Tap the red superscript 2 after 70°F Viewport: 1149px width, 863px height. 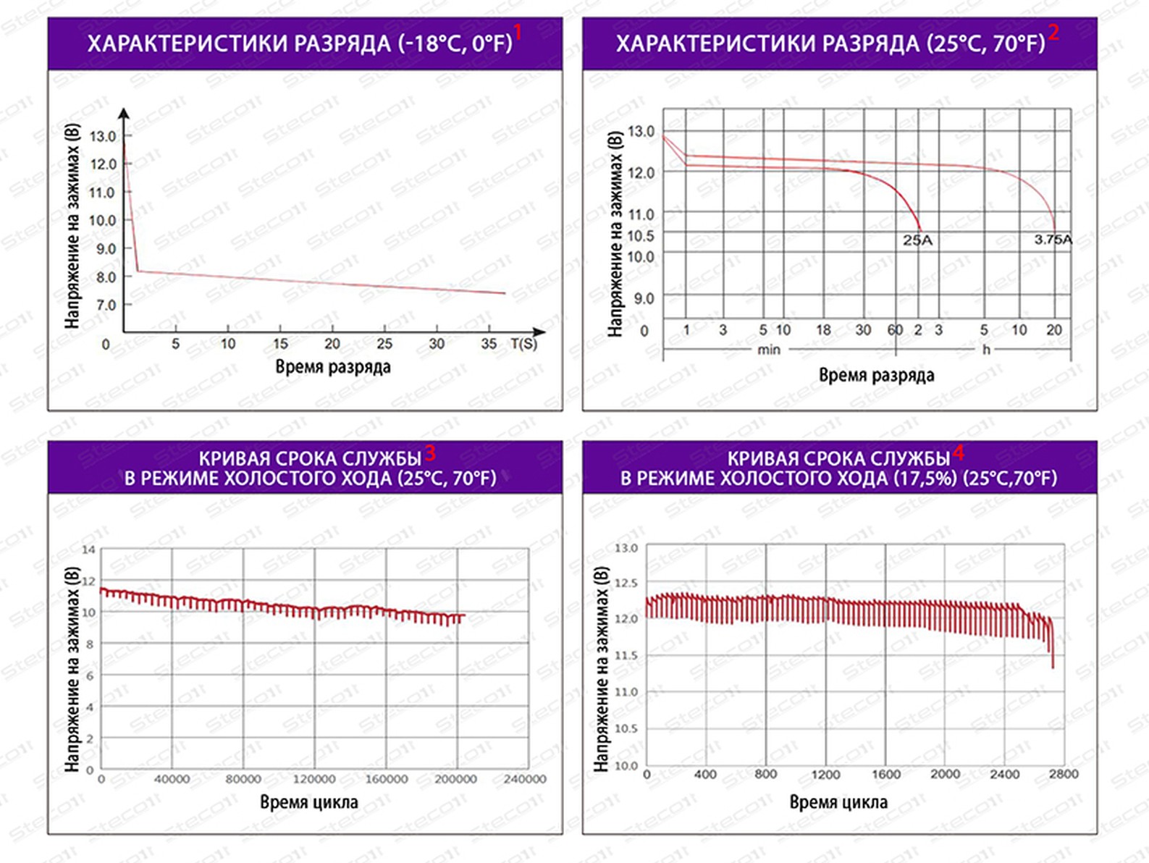pos(1053,32)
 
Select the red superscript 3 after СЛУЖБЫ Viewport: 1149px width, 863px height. pos(430,453)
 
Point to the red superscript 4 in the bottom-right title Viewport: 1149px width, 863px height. pos(959,453)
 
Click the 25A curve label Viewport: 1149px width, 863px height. pos(917,240)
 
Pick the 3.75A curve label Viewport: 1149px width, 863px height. pos(1053,240)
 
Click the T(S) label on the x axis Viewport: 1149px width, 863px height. pos(523,343)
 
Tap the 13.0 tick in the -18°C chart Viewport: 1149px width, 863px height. pos(103,136)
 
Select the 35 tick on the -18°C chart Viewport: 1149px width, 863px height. pos(489,343)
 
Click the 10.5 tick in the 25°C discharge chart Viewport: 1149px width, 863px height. pos(641,236)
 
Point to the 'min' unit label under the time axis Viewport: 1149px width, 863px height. pos(768,350)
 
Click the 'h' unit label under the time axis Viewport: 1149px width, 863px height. pos(985,350)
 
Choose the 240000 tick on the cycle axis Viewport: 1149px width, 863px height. pos(525,779)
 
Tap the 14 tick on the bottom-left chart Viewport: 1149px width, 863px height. pos(88,550)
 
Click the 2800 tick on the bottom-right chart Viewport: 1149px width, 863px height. pos(1064,774)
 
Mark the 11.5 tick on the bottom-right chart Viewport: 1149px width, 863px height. pos(626,655)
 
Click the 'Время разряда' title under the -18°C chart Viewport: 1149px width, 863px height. pos(332,366)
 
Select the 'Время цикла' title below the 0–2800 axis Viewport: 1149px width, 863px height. pos(838,802)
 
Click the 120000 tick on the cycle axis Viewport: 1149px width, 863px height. pos(313,779)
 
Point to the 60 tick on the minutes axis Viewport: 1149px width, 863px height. pos(896,330)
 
